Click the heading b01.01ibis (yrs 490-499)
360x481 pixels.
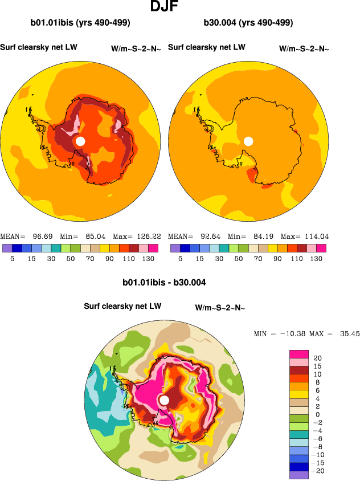click(80, 23)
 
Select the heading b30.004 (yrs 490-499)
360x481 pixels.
click(248, 23)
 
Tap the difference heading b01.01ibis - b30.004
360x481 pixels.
click(164, 282)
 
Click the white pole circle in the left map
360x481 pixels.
click(80, 141)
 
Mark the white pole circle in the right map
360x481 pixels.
click(248, 141)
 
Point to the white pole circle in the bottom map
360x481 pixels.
click(164, 401)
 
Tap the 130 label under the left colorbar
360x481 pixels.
click(147, 259)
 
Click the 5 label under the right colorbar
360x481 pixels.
click(180, 259)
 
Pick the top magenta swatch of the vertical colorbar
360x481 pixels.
click(298, 354)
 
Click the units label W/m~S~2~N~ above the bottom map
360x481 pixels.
click(220, 308)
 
